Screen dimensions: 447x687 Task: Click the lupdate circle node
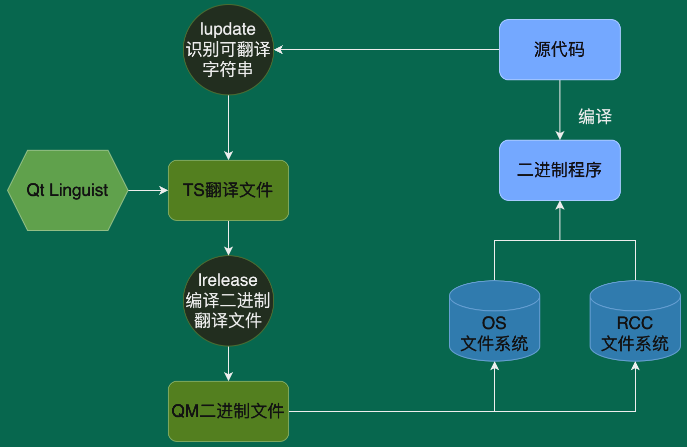tap(228, 50)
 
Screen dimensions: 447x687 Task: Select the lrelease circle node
tap(228, 300)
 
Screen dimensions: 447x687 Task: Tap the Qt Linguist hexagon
tap(67, 190)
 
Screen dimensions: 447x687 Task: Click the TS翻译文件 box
tap(228, 190)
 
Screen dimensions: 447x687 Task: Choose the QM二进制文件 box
tap(228, 411)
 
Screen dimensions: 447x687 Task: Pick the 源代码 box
tap(559, 50)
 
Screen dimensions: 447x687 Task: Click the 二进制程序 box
tap(559, 170)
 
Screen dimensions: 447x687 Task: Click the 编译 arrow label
tap(595, 117)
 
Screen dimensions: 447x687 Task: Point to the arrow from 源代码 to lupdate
tap(387, 50)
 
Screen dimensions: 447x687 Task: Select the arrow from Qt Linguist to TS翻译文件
tap(148, 190)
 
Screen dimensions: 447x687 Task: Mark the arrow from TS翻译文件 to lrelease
tap(228, 238)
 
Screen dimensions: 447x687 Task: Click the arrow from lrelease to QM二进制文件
tap(228, 363)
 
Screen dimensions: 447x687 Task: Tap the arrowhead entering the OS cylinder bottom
tap(495, 367)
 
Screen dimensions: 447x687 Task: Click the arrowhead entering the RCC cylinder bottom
tap(635, 367)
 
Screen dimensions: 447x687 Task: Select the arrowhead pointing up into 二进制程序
tap(560, 205)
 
